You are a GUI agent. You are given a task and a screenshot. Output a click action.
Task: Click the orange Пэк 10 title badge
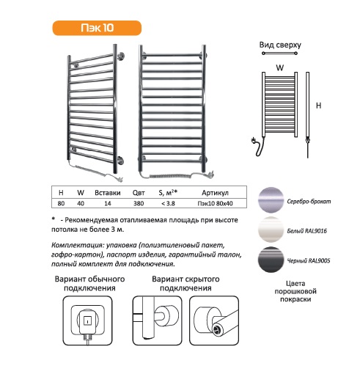(97, 28)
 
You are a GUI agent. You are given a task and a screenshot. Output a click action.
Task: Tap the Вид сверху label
(280, 45)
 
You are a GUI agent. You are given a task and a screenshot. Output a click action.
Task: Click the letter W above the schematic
(279, 67)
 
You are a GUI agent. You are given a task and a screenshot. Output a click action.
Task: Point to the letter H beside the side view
(318, 106)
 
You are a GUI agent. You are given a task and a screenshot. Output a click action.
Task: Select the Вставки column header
(108, 193)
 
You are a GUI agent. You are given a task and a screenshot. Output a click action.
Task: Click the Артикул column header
(215, 193)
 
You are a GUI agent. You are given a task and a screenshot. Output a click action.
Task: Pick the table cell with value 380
(139, 203)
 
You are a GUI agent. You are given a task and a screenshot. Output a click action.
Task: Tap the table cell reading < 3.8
(168, 203)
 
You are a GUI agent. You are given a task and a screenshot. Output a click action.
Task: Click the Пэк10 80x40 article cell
(215, 203)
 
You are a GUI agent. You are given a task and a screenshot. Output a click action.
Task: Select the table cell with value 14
(108, 203)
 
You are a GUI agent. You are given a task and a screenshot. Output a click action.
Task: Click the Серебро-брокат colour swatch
(271, 200)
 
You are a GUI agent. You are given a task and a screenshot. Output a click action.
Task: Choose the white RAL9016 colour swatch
(271, 230)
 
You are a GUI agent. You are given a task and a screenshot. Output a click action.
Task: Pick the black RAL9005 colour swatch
(271, 260)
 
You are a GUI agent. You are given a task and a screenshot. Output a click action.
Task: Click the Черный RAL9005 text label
(309, 260)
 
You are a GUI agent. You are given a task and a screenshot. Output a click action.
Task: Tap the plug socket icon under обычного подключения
(87, 320)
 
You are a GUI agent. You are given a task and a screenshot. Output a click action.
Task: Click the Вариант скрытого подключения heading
(185, 283)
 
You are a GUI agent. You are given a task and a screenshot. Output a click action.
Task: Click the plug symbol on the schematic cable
(254, 141)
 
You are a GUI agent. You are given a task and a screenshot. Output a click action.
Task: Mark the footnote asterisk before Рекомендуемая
(54, 219)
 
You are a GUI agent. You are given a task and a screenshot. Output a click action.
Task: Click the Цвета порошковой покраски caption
(295, 291)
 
